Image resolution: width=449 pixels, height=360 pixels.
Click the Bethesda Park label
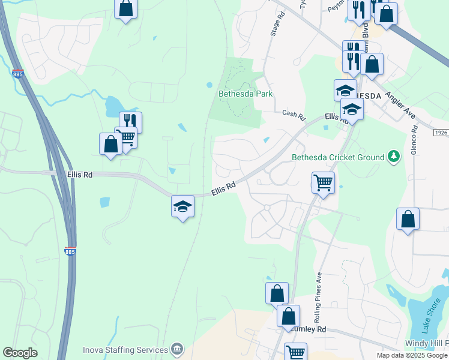(245, 94)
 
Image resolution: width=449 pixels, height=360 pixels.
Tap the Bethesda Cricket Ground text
(337, 158)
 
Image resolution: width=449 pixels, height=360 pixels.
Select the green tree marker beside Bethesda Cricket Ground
(394, 157)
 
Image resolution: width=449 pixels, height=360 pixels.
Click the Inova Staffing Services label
(125, 350)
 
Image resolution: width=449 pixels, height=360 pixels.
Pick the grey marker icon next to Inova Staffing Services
(176, 349)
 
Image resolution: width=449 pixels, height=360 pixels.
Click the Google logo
(20, 353)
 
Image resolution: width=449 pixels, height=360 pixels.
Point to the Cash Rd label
(294, 113)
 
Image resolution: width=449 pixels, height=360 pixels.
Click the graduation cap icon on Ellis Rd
(182, 206)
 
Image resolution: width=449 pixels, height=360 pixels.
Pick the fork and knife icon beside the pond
(130, 122)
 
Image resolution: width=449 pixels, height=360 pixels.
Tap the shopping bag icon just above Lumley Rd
(288, 316)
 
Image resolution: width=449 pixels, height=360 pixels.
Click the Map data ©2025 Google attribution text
(412, 355)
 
